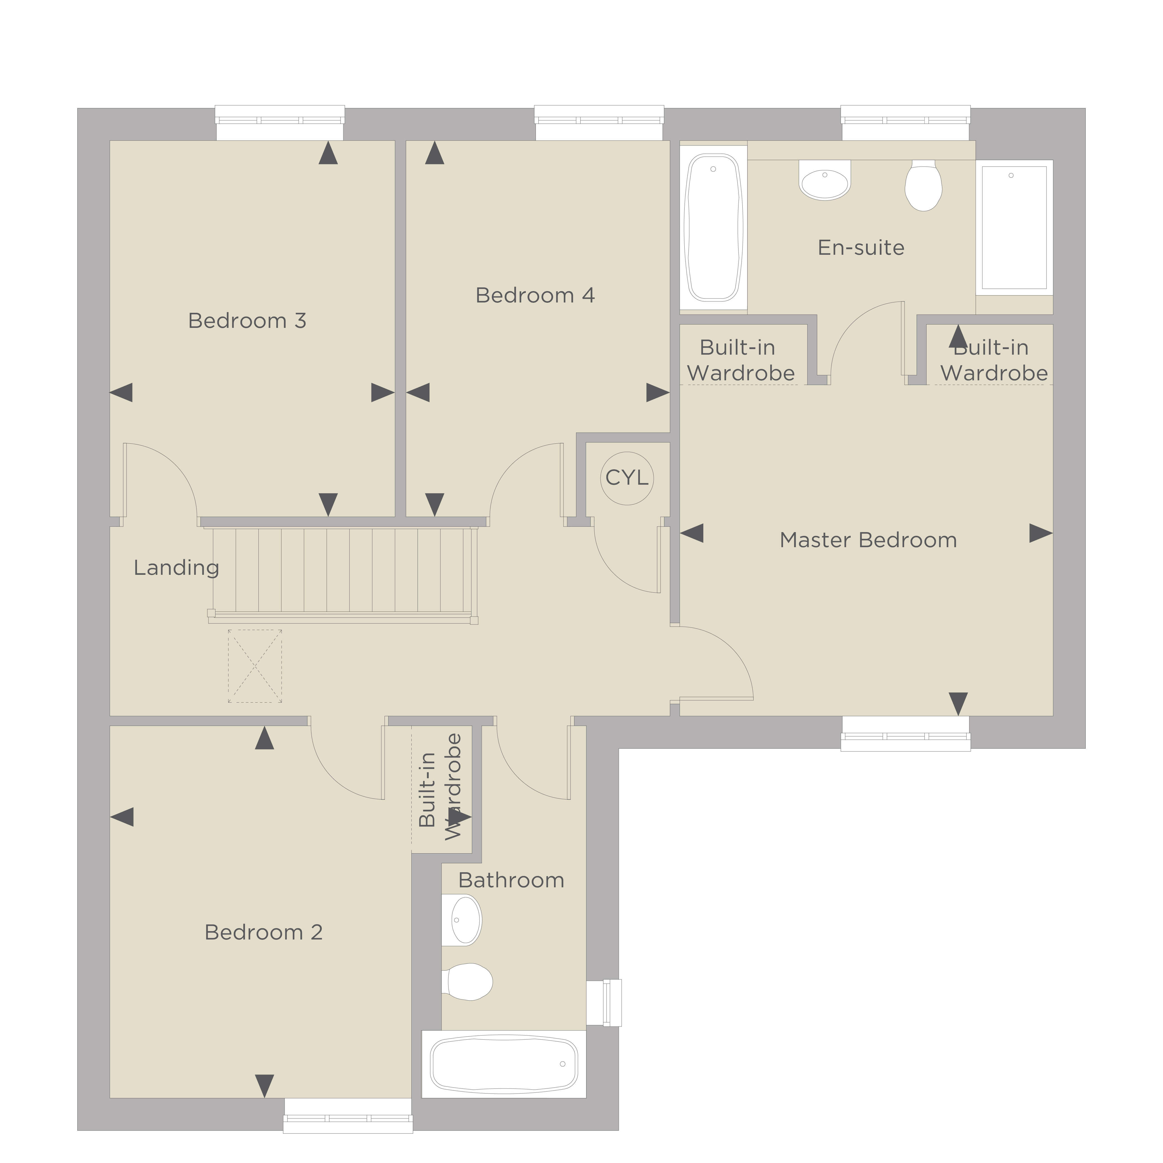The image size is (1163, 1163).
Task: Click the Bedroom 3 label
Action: coord(247,321)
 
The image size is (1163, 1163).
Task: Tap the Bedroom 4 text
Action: coord(535,295)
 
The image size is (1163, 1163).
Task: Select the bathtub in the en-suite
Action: coord(713,227)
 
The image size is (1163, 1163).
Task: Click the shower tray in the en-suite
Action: coord(1014,227)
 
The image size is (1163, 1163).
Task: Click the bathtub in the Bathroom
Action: coord(504,1064)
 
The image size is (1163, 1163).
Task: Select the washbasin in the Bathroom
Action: coord(462,920)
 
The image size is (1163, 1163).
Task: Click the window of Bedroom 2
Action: coord(348,1116)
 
